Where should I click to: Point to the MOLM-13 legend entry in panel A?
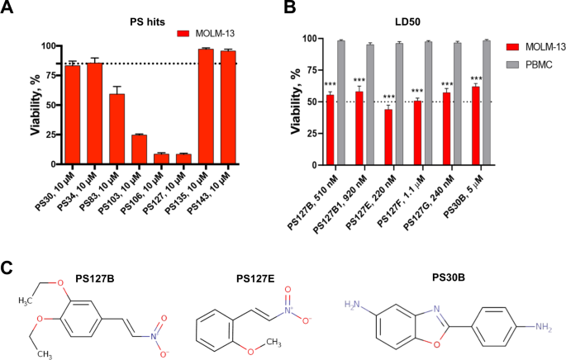click(x=203, y=34)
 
